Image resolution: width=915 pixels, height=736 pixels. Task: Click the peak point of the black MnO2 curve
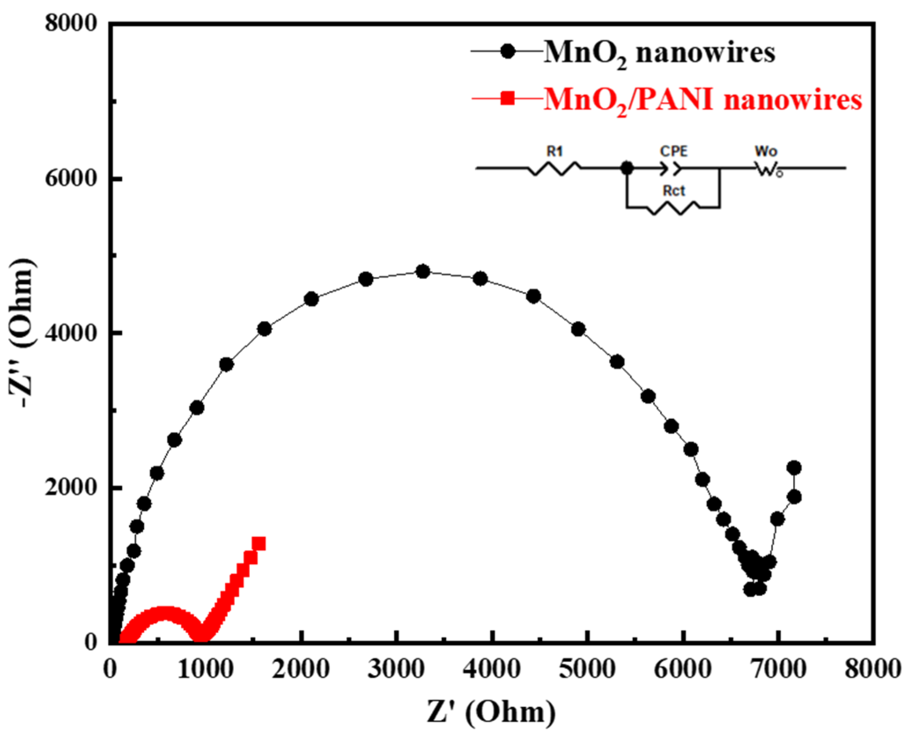[x=423, y=272]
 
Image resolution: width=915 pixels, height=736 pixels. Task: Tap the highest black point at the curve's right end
[x=794, y=467]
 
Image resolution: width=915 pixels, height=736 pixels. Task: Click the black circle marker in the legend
[x=508, y=51]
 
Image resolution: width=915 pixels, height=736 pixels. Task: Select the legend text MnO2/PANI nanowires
[x=702, y=100]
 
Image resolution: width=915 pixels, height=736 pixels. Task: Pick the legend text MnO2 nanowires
[x=659, y=53]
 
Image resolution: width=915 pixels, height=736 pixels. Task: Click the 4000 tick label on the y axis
[x=70, y=333]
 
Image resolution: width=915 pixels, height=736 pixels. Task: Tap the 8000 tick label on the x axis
[x=872, y=669]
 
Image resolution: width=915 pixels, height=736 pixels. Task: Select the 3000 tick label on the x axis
[x=396, y=669]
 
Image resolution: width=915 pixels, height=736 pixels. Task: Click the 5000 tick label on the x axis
[x=587, y=669]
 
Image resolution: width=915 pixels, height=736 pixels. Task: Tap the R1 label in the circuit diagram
[x=555, y=152]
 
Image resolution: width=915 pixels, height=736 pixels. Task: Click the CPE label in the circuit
[x=673, y=151]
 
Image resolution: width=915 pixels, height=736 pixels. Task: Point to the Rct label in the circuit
[x=674, y=191]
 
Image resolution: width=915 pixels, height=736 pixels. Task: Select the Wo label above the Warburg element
[x=766, y=151]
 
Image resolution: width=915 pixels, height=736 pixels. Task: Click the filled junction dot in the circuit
[x=627, y=168]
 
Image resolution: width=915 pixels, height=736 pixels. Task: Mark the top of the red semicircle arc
[x=164, y=612]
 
